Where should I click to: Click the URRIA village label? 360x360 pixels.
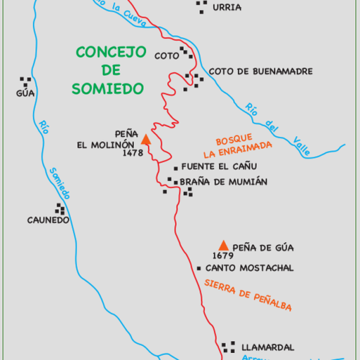(227, 8)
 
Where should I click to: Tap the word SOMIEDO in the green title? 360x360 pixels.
(107, 88)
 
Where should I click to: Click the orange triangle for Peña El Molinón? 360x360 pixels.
(146, 139)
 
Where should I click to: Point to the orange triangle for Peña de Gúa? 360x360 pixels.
(224, 244)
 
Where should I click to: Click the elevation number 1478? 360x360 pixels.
(133, 152)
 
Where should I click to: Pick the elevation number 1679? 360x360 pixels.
(223, 256)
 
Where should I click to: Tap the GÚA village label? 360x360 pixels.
(25, 92)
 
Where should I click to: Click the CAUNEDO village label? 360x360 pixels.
(49, 220)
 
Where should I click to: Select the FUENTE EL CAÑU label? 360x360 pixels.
(218, 167)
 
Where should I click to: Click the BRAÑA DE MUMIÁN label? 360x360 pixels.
(224, 181)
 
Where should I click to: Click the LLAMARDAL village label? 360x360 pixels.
(268, 347)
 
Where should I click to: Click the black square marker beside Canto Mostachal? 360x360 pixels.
(200, 268)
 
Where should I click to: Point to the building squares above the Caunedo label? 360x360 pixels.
(60, 210)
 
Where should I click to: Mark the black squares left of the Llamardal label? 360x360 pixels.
(229, 347)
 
